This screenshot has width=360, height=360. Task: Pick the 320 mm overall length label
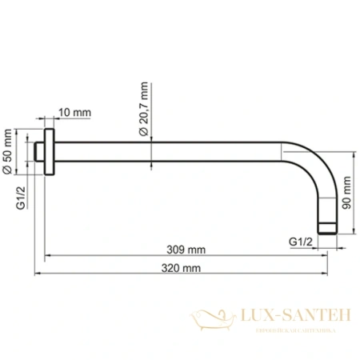click(184, 270)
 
